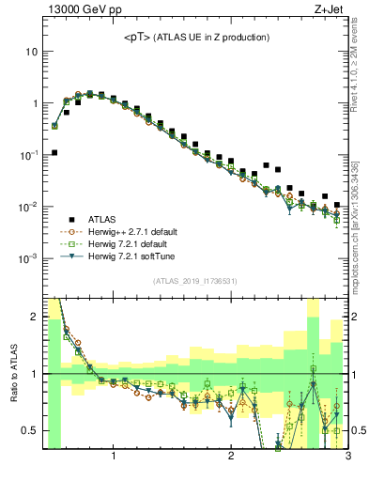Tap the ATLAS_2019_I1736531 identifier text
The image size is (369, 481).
point(195,280)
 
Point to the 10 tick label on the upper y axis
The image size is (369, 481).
point(31,52)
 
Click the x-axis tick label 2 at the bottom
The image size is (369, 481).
point(231,458)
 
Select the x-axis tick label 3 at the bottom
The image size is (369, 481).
point(347,458)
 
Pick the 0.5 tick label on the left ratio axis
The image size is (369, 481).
point(29,430)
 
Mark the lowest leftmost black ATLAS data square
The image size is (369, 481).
point(54,152)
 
